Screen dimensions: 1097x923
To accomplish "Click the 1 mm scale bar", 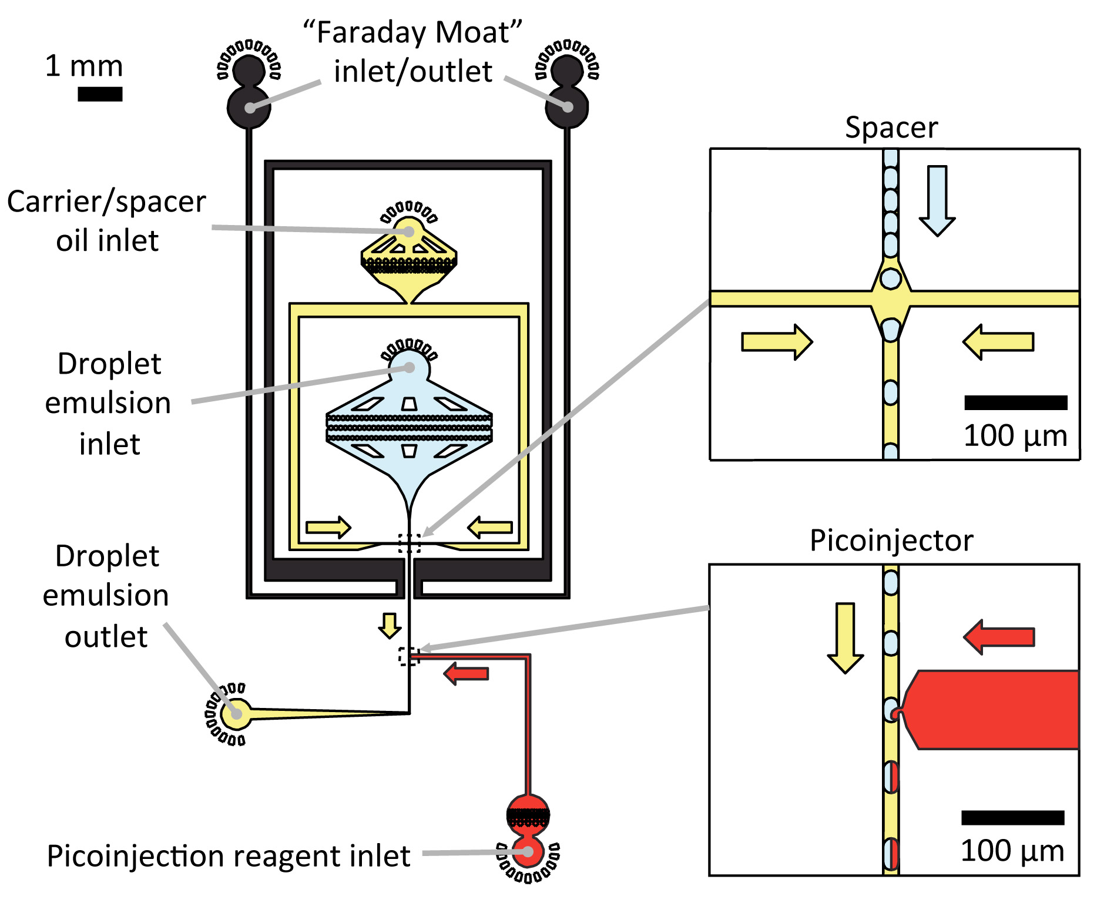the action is tap(100, 94).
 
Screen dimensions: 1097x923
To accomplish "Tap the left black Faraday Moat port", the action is tap(249, 107).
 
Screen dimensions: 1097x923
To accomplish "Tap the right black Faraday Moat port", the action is tap(567, 107).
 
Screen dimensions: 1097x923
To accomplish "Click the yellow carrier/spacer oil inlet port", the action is tap(409, 231).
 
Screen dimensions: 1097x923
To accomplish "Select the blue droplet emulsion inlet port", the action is tap(410, 368).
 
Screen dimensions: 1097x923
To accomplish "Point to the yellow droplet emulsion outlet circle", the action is tap(236, 714).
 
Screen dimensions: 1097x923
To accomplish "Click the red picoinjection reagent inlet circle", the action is tap(528, 852).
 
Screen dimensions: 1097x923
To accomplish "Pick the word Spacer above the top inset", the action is tap(891, 127).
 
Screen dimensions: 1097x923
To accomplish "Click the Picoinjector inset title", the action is tap(891, 540).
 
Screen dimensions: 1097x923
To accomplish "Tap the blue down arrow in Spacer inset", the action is tap(937, 201).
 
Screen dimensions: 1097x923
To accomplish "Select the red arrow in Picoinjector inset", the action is tap(999, 637).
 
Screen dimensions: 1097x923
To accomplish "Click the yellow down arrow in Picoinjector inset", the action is tap(845, 638).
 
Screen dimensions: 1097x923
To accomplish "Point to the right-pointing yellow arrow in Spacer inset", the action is tap(777, 342).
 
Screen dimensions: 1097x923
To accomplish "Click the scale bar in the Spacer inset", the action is tap(1016, 402).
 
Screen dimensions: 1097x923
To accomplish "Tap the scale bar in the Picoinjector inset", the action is tap(1013, 818).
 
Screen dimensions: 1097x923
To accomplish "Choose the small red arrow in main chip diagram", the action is tap(466, 673).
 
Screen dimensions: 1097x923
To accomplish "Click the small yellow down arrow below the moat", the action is tap(390, 626).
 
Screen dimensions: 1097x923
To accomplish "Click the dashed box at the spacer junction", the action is tap(410, 543).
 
